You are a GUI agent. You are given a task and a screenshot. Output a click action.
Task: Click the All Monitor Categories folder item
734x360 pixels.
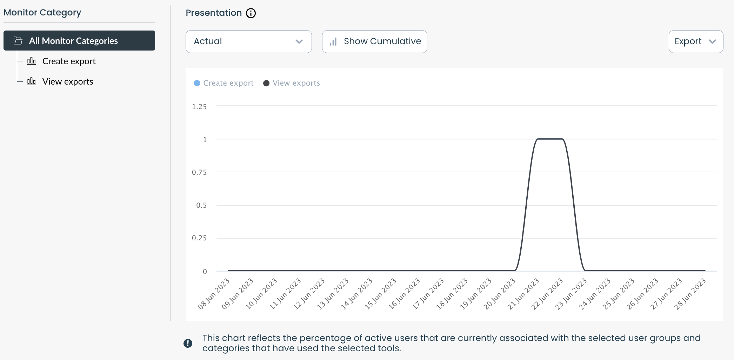pyautogui.click(x=79, y=41)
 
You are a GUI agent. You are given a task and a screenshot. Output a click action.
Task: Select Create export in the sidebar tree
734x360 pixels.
pyautogui.click(x=69, y=61)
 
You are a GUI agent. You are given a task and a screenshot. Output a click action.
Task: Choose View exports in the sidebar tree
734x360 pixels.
pyautogui.click(x=68, y=82)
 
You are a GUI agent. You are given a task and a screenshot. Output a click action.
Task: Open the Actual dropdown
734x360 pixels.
pyautogui.click(x=248, y=41)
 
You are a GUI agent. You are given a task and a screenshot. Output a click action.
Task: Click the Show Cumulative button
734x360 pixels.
pyautogui.click(x=374, y=41)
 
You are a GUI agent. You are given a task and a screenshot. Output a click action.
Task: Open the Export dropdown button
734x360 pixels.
pyautogui.click(x=695, y=41)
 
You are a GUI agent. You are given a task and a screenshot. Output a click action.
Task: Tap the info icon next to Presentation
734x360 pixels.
pyautogui.click(x=251, y=13)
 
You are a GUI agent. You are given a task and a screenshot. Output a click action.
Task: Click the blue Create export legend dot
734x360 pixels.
pyautogui.click(x=197, y=83)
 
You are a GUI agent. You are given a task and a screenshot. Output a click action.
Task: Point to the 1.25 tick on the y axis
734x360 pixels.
pyautogui.click(x=199, y=107)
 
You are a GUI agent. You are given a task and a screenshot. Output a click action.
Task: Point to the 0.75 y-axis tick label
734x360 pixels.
pyautogui.click(x=199, y=172)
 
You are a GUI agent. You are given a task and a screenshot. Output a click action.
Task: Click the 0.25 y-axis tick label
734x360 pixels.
pyautogui.click(x=199, y=238)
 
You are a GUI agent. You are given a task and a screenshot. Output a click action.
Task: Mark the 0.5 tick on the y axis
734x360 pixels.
pyautogui.click(x=201, y=205)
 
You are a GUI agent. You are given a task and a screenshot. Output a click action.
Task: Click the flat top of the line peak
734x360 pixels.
pyautogui.click(x=550, y=139)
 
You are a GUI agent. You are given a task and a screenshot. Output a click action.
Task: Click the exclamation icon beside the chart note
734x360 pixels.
pyautogui.click(x=188, y=343)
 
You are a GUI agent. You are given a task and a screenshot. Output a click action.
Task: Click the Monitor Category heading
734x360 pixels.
pyautogui.click(x=42, y=13)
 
